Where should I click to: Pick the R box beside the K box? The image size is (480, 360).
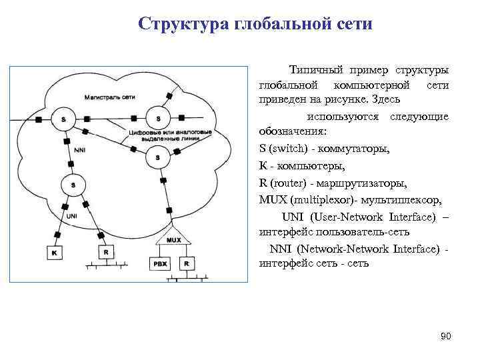[x=105, y=252]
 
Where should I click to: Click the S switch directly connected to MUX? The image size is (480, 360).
[x=158, y=157]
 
